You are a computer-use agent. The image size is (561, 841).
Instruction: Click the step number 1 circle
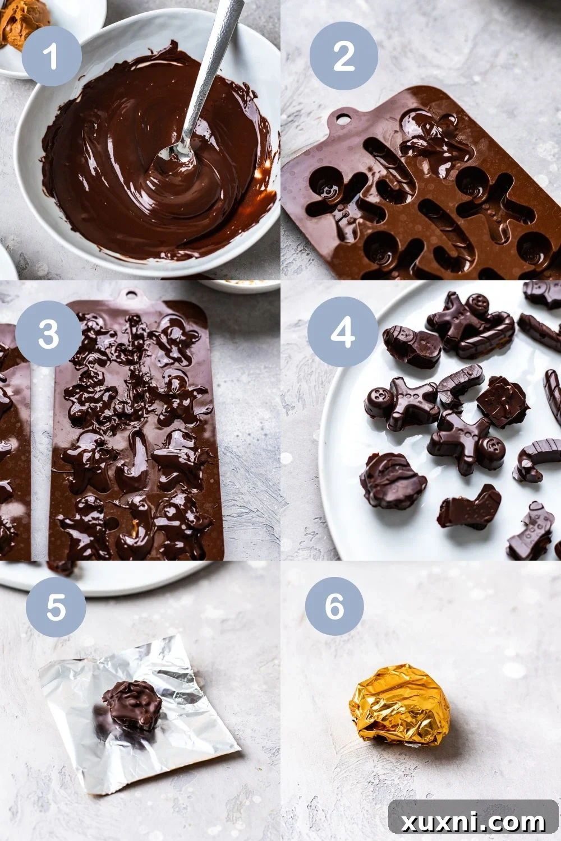coord(52,56)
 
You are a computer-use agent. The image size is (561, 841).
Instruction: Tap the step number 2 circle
coord(343,56)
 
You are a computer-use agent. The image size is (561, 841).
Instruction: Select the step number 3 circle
coord(49,334)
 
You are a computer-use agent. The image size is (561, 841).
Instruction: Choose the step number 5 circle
coord(56,606)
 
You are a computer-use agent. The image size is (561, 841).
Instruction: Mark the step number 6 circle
coord(334,606)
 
